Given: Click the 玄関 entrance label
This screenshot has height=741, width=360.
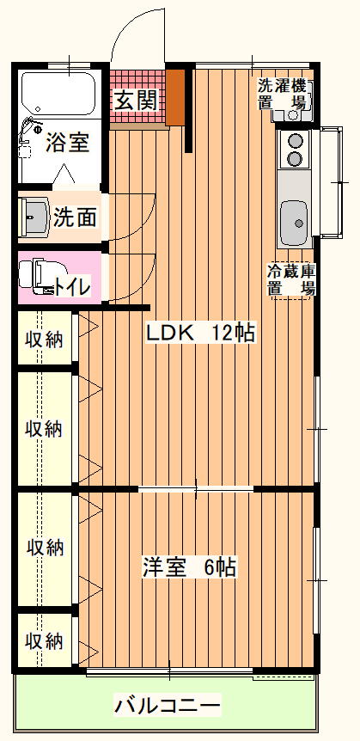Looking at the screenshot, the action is pos(136,101).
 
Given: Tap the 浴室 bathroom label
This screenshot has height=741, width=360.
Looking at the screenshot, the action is pos(67,144).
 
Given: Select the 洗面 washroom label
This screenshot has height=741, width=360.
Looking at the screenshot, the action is pos(75,217).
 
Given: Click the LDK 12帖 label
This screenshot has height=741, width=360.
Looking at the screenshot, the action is pos(200,334).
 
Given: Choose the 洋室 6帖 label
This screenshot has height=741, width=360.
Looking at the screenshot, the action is pos(189,567).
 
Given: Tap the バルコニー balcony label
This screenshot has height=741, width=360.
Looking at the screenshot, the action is pos(167,707).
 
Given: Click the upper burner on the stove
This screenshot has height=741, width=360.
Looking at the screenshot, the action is pos(296,141).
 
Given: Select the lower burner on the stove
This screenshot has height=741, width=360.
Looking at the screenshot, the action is pos(296,158).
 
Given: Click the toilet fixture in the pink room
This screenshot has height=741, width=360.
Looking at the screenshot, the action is pos(38,276).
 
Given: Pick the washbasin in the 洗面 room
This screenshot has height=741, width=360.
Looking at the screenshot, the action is pos(34,216).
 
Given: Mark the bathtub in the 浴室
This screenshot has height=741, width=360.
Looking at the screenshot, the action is pos(58,94).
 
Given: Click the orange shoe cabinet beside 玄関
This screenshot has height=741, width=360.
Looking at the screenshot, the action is pos(175,97).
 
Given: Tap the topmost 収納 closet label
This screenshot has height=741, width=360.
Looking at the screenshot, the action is pos(44,340).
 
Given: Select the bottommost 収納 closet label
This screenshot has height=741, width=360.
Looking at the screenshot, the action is pos(44,641).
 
